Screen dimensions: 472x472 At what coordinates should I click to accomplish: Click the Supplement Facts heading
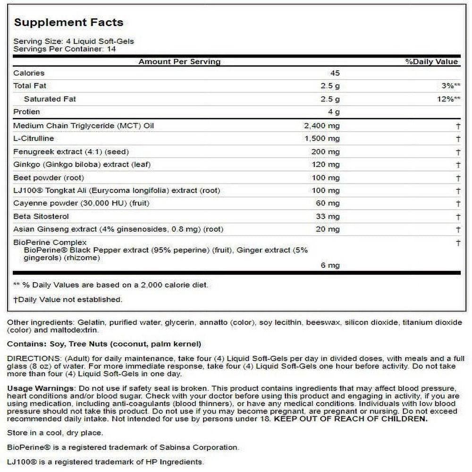[68, 23]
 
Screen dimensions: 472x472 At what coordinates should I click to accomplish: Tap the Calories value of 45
[335, 73]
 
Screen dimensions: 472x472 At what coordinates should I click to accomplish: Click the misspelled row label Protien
[26, 112]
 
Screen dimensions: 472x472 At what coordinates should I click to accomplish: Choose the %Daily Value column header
[431, 62]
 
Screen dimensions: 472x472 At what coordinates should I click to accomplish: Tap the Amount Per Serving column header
[179, 62]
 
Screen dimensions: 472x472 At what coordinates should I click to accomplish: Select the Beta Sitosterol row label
[41, 217]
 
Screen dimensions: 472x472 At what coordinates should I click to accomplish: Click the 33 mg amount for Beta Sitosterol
[328, 217]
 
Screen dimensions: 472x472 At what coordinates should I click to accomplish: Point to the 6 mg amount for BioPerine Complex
[330, 265]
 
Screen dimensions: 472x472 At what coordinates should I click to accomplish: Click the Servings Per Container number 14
[111, 49]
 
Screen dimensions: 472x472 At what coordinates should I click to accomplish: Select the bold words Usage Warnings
[40, 388]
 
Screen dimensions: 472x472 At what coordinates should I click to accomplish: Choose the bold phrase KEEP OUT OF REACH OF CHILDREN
[351, 419]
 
